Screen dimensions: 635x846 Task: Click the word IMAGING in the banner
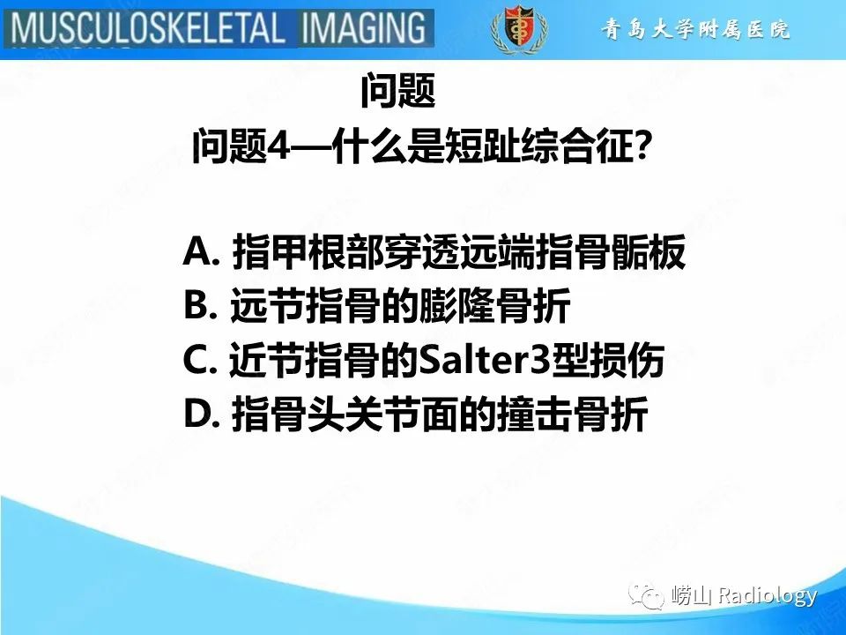[x=364, y=28]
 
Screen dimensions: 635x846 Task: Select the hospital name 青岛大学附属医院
[x=695, y=30]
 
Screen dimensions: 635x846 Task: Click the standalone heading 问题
[x=398, y=91]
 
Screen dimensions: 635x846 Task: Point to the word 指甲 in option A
[x=270, y=255]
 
